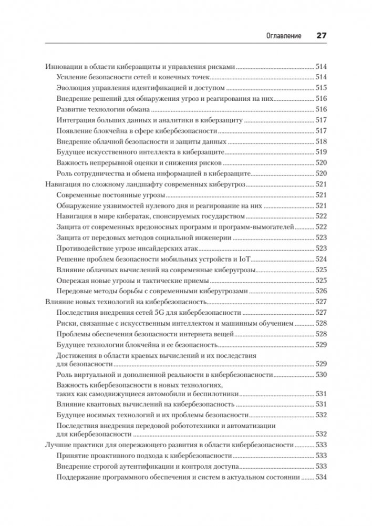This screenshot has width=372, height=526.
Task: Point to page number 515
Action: [321, 87]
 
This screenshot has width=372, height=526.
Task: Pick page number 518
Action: [321, 141]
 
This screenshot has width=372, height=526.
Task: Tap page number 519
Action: [321, 152]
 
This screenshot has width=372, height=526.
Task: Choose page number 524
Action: [321, 259]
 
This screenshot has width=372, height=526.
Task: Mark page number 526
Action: [321, 291]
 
